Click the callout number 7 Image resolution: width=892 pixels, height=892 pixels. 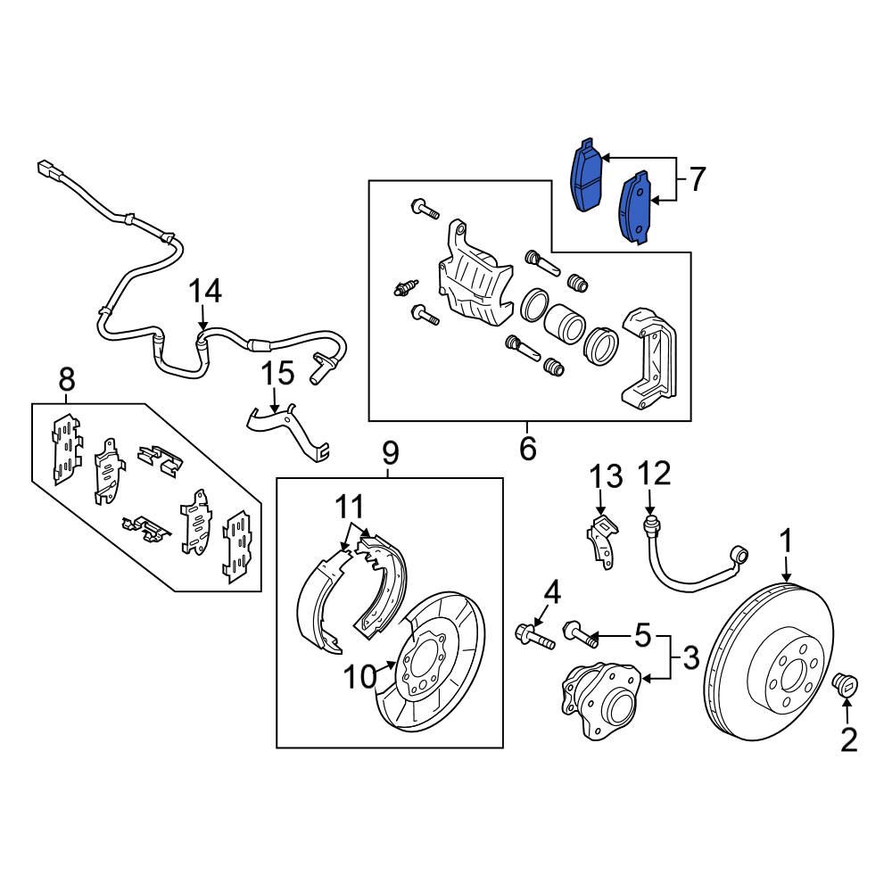(696, 180)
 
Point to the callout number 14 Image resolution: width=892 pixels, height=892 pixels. (204, 292)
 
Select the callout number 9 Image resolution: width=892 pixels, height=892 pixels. (390, 455)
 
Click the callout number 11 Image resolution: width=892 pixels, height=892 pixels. (351, 508)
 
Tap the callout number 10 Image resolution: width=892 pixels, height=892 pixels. (360, 678)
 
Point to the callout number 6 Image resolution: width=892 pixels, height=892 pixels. (527, 448)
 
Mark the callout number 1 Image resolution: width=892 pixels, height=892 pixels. (786, 541)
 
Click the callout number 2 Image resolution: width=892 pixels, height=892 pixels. (847, 739)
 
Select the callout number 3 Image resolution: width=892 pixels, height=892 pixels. (691, 660)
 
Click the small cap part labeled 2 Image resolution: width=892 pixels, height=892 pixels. (845, 685)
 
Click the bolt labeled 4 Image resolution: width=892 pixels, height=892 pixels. (533, 636)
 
